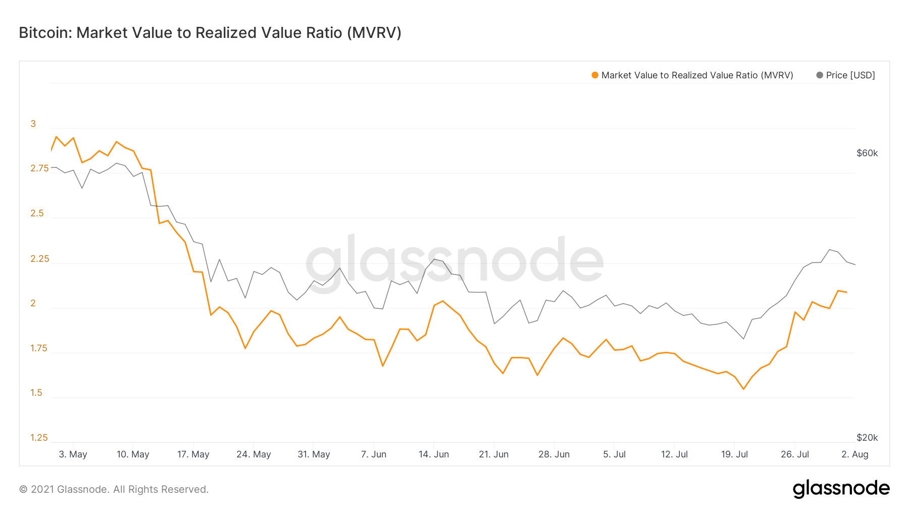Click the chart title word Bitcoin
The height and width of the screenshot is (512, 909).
pyautogui.click(x=45, y=33)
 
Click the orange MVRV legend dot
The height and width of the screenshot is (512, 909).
pyautogui.click(x=595, y=75)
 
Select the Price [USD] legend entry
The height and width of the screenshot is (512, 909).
pyautogui.click(x=846, y=75)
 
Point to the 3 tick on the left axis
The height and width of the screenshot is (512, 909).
pyautogui.click(x=33, y=124)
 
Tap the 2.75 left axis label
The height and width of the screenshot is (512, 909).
pyautogui.click(x=39, y=168)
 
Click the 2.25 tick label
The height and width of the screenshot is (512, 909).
pyautogui.click(x=40, y=259)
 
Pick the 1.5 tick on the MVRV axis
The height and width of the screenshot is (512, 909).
pyautogui.click(x=36, y=393)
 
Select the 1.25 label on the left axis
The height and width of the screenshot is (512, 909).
pyautogui.click(x=39, y=438)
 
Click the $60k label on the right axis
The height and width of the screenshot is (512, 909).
pyautogui.click(x=867, y=153)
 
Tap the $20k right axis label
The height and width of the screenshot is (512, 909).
pyautogui.click(x=867, y=438)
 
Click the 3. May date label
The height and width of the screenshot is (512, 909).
pyautogui.click(x=73, y=454)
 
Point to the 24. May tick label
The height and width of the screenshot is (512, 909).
pyautogui.click(x=254, y=454)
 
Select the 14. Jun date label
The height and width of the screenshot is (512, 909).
pyautogui.click(x=434, y=454)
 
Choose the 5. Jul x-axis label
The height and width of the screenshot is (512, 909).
pyautogui.click(x=614, y=454)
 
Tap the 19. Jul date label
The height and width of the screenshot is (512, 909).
pyautogui.click(x=734, y=454)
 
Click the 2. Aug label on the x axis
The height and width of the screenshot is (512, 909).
pyautogui.click(x=855, y=454)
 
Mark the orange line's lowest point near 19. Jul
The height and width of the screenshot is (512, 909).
pyautogui.click(x=743, y=389)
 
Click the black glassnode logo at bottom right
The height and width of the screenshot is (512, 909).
pyautogui.click(x=841, y=489)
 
